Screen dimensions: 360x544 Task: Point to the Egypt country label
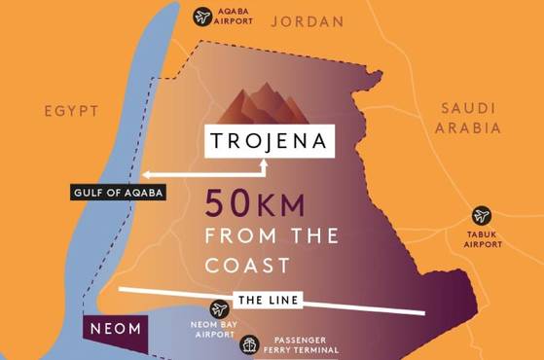71,112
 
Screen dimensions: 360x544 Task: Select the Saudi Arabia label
470,117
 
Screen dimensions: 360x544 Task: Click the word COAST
248,264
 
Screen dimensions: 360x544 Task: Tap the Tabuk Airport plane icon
481,216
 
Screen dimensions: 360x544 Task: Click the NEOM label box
116,329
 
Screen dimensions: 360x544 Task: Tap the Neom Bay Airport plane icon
220,309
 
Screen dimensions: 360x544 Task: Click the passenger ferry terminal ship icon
249,345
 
